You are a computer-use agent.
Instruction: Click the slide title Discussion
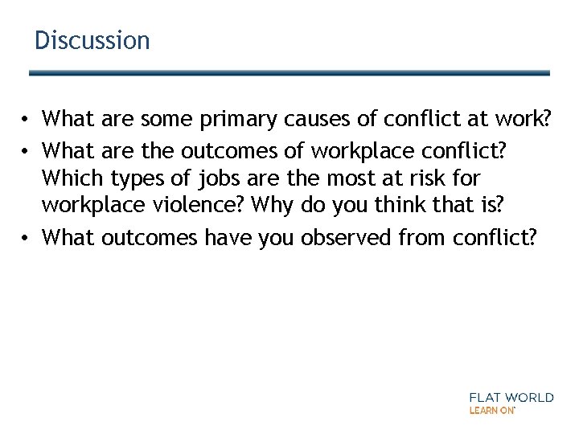[92, 40]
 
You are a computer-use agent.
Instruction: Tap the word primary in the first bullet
[237, 120]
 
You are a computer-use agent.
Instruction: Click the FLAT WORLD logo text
[511, 397]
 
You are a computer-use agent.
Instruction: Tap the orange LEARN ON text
[491, 410]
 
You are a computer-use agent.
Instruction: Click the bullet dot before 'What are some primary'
[27, 121]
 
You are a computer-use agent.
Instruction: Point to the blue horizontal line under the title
[289, 73]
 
